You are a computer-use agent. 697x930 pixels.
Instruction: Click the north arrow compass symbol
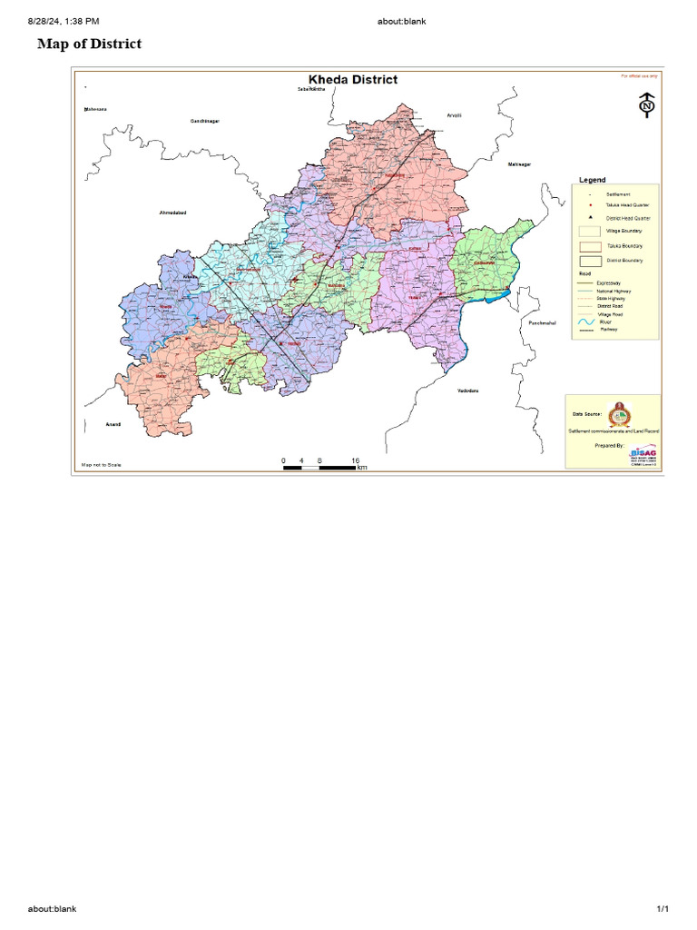(647, 105)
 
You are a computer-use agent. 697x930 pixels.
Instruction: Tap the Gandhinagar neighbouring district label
(204, 121)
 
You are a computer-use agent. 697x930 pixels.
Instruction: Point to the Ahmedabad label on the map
(172, 213)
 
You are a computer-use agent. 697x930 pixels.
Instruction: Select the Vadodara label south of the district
(467, 391)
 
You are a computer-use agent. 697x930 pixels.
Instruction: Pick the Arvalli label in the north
(455, 115)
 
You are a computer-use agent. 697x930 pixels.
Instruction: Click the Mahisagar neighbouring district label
(518, 163)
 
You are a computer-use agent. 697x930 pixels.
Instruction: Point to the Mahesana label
(94, 109)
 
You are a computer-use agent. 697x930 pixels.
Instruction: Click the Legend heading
(592, 180)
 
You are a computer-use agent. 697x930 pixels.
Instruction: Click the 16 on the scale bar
(355, 460)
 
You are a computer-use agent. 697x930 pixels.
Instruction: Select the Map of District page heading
(89, 44)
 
